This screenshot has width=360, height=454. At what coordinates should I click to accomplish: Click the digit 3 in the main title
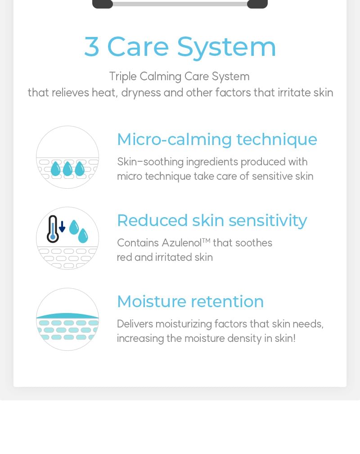pos(92,46)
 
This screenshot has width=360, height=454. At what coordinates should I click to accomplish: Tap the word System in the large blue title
pos(226,47)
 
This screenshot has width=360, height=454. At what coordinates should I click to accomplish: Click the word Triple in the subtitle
pos(123,77)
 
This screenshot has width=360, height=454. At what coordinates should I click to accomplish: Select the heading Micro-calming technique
pos(217,140)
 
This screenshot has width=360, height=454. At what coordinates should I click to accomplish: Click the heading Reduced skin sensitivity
pos(212,221)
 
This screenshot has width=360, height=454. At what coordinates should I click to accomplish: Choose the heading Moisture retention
pos(190,301)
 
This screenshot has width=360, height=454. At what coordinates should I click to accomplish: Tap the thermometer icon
pos(53,229)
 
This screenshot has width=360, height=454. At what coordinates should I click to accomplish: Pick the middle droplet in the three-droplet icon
pos(67,169)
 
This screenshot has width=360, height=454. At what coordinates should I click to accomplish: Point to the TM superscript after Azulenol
pos(206,240)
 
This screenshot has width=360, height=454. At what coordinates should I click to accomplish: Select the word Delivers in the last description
pos(135,324)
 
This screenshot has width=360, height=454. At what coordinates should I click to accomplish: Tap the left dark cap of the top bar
pos(103,4)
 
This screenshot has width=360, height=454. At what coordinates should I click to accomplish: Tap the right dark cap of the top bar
pos(257,4)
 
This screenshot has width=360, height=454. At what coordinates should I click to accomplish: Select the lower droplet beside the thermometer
pos(83,236)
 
